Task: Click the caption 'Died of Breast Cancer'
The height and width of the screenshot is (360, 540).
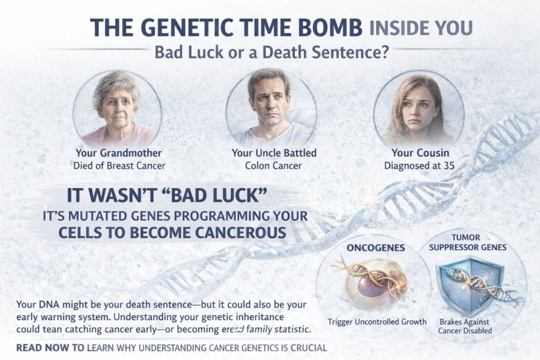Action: pyautogui.click(x=119, y=166)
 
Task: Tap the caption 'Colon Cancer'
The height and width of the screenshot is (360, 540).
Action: pyautogui.click(x=274, y=166)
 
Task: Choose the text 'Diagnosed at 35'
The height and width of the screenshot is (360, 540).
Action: pyautogui.click(x=420, y=166)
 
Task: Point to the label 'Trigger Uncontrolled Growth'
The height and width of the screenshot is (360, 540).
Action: pyautogui.click(x=377, y=322)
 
